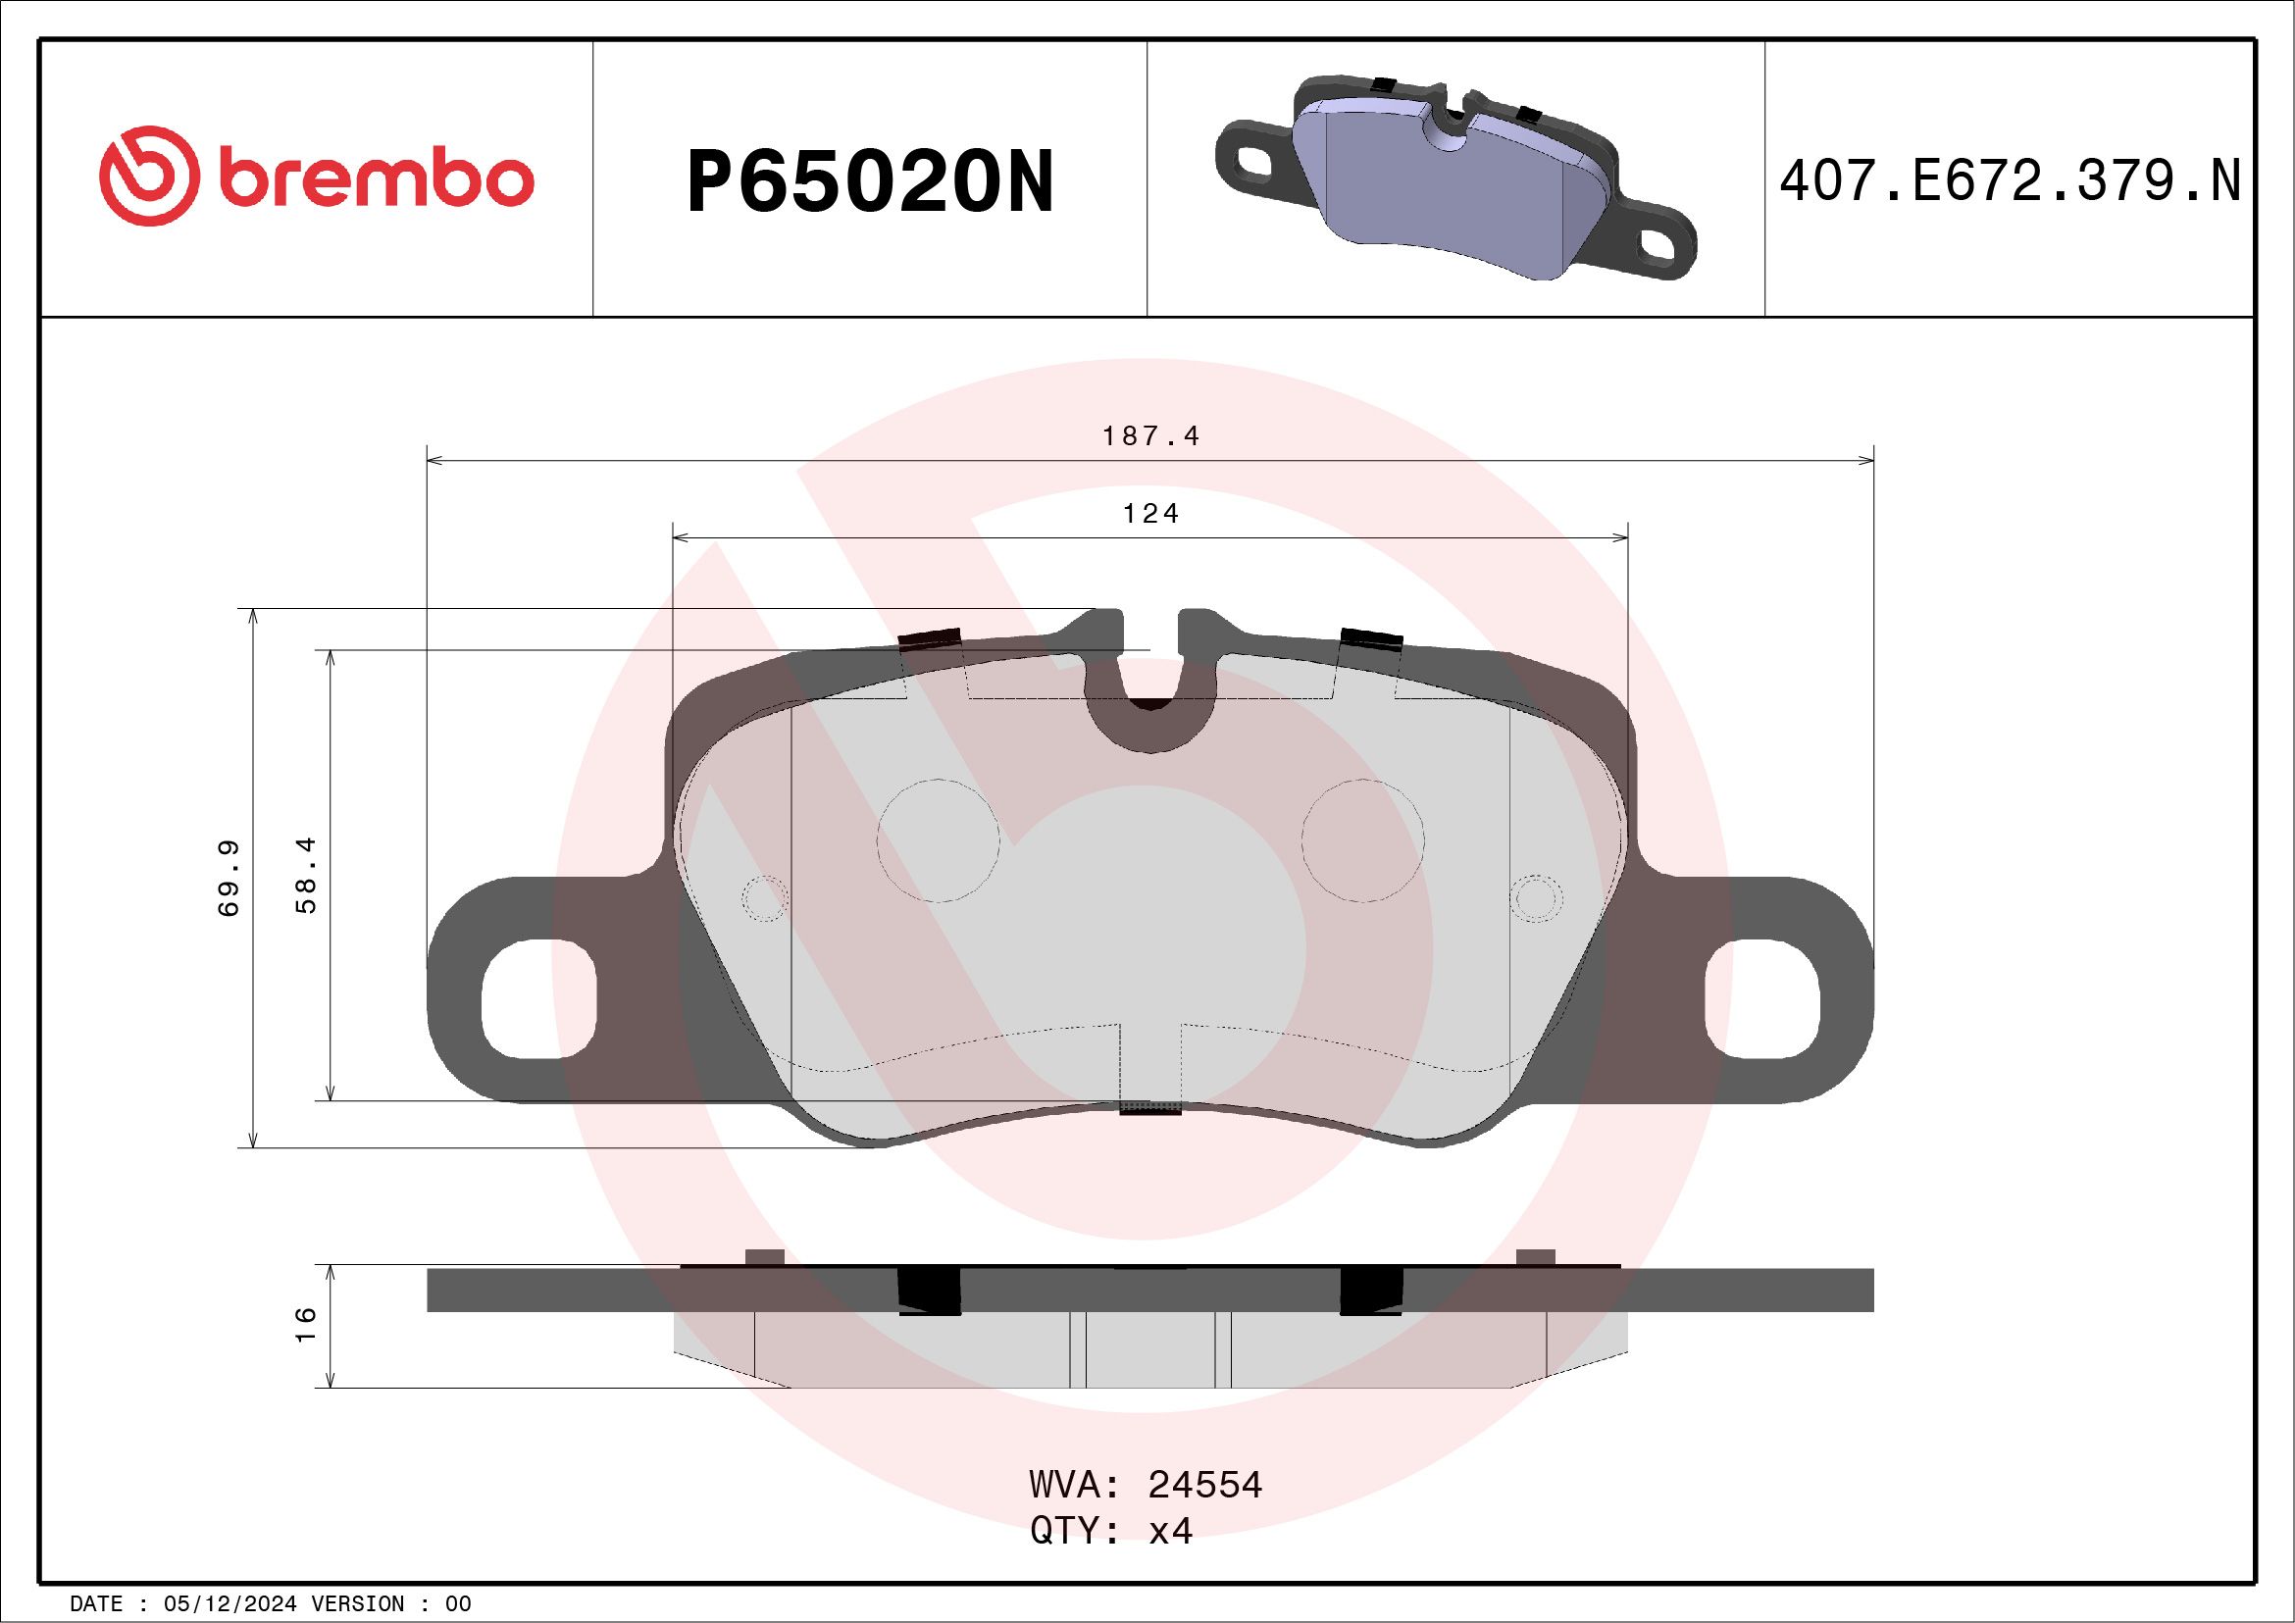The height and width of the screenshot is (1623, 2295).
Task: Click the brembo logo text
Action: pos(374,179)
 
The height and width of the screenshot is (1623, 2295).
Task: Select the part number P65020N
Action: pos(870,181)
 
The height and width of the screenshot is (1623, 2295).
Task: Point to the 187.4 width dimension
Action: pos(1149,436)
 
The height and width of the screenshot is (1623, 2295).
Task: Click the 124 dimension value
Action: pos(1150,514)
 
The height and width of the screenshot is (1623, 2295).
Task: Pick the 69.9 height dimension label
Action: pos(229,879)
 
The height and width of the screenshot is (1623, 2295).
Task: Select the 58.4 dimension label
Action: pos(307,876)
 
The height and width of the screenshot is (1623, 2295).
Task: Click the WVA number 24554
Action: pos(1204,1485)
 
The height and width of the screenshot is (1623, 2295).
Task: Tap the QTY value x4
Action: pos(1170,1530)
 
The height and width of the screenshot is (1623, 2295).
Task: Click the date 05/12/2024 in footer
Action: pos(223,1604)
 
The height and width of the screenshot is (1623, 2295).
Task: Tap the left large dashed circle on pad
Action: pos(938,839)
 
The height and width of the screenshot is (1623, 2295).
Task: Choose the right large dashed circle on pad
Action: pos(1363,839)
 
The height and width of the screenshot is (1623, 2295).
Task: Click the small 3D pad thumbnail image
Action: pos(1455,178)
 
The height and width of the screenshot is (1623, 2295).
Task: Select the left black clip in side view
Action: pos(930,1291)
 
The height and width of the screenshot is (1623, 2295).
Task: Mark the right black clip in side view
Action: pos(1370,1291)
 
